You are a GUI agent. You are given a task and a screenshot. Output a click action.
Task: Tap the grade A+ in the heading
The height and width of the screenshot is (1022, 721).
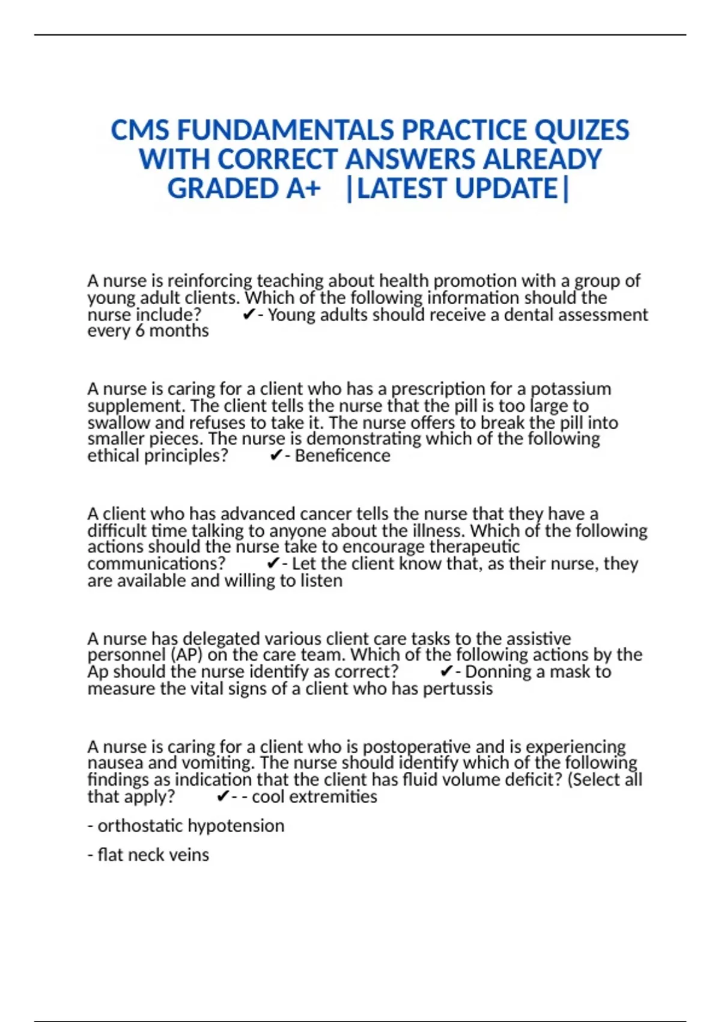tap(303, 189)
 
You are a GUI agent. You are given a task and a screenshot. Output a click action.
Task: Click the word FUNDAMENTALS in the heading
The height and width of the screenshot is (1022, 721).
tap(285, 130)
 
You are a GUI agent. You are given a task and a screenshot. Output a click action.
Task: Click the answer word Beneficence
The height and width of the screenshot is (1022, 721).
tap(342, 456)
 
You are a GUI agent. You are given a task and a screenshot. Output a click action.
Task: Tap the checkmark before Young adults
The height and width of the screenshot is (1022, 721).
tap(248, 315)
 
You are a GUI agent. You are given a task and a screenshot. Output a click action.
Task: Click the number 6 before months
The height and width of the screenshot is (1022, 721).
tap(139, 331)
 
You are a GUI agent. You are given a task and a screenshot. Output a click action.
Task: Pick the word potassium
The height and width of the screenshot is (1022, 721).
tap(571, 389)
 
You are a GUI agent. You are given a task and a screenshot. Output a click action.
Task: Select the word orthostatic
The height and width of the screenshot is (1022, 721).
tap(139, 826)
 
